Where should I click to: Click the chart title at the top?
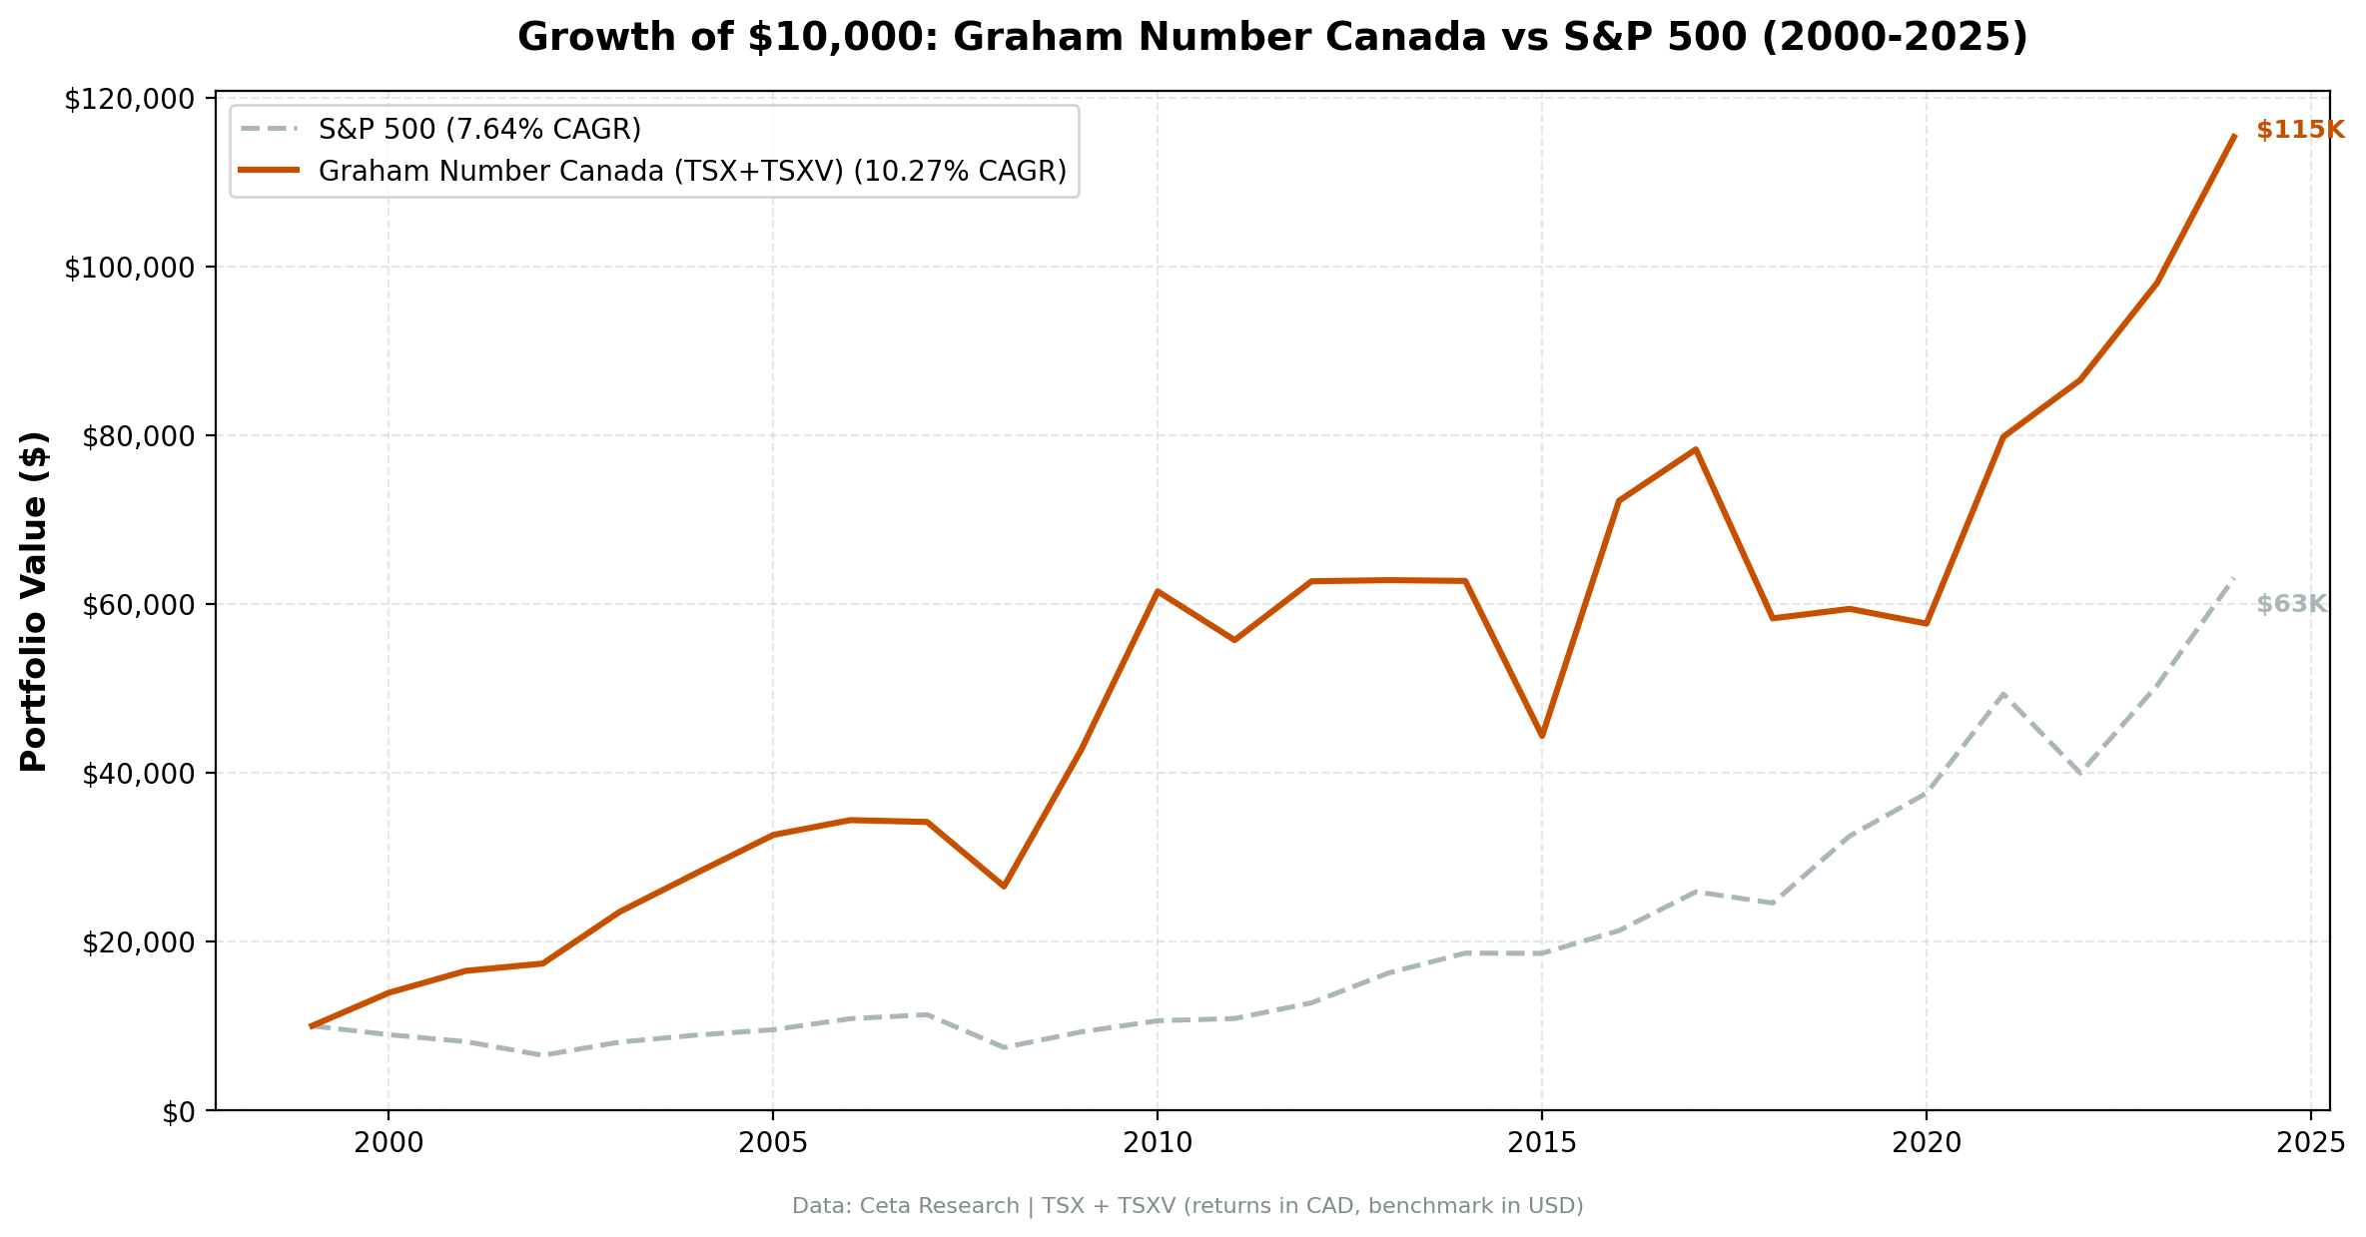(1271, 38)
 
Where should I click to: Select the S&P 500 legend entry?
(478, 130)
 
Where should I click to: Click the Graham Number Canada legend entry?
(691, 172)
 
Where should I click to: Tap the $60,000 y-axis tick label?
(134, 605)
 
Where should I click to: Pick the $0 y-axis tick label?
(179, 1111)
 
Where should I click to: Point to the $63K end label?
(2291, 605)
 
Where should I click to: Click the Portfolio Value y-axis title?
(35, 602)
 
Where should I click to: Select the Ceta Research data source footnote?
(1186, 1206)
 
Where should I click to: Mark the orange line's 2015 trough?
(1542, 736)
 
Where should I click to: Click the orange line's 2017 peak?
(1696, 449)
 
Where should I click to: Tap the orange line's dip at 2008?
(1004, 887)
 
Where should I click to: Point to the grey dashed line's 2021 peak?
(2003, 693)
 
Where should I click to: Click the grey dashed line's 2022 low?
(2080, 774)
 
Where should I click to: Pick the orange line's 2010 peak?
(1157, 591)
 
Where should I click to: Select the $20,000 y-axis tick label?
(134, 942)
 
